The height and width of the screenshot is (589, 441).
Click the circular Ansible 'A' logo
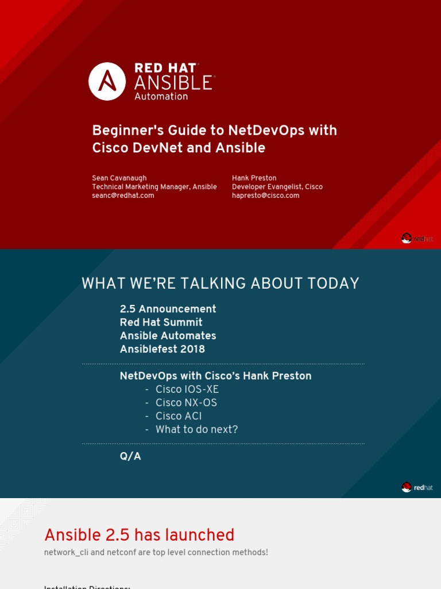tap(107, 81)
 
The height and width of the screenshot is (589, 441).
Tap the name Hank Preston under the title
tap(254, 178)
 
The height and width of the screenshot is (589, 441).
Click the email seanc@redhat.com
tap(123, 196)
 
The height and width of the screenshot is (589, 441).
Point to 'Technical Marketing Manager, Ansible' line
tap(154, 187)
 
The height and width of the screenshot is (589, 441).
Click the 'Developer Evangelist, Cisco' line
tap(277, 187)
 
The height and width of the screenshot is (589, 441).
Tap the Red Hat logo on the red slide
tap(417, 238)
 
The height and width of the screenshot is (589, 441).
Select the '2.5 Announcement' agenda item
tap(168, 309)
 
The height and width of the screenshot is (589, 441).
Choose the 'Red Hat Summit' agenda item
tap(161, 322)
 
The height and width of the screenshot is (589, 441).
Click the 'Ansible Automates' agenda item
tap(168, 335)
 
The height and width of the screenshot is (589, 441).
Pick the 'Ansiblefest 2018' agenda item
tap(162, 349)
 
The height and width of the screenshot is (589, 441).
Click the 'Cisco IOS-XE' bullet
tap(187, 389)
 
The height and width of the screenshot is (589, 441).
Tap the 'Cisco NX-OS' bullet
tap(186, 403)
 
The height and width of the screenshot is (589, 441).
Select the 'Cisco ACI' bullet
tap(178, 416)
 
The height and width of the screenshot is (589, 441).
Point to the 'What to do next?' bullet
tap(196, 430)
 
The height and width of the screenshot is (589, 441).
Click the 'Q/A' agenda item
tap(130, 457)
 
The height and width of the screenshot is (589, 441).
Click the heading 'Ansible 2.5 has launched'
tap(139, 535)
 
